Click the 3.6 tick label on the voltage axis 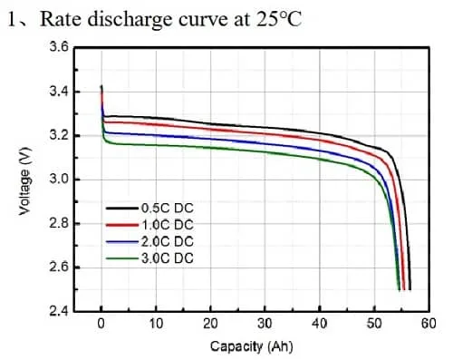[x=58, y=47]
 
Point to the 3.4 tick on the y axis [x=58, y=92]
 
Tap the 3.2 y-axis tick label [x=58, y=135]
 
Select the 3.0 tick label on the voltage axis [x=58, y=180]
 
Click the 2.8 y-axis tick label [x=58, y=223]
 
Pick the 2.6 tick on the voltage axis [x=58, y=268]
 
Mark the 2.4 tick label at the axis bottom [x=58, y=311]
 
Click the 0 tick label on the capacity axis [x=101, y=324]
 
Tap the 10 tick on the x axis [x=156, y=324]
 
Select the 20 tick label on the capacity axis [x=210, y=324]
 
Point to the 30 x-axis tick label [x=265, y=324]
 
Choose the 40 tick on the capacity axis [x=320, y=324]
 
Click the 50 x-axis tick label [x=374, y=324]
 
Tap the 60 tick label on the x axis [x=429, y=324]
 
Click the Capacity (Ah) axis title [x=252, y=345]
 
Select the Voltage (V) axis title [x=24, y=181]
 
